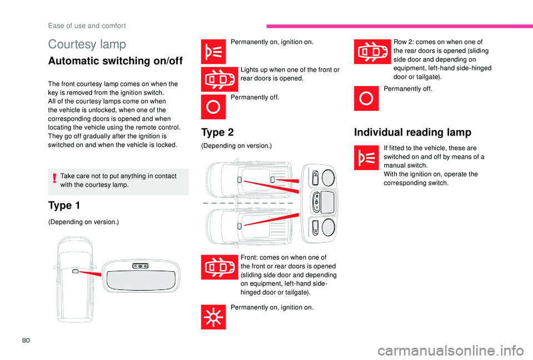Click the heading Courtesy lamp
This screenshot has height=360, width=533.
point(87,44)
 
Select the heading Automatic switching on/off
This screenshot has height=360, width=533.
point(115,61)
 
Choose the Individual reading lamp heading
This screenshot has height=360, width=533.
point(413,132)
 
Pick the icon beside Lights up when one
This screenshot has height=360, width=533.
point(213,79)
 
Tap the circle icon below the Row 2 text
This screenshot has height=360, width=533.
point(367,99)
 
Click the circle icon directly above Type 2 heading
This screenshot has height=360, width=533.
point(213,107)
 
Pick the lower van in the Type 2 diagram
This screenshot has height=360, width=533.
point(250,227)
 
